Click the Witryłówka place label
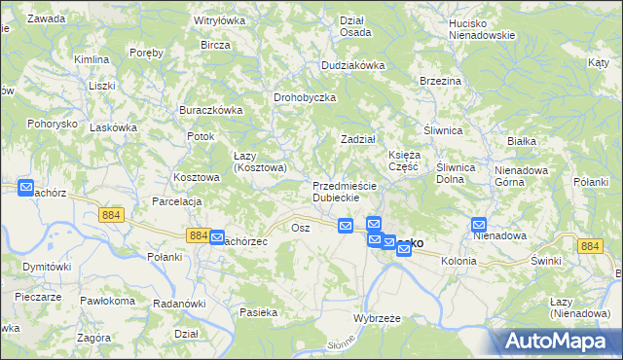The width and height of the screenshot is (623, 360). coord(220,19)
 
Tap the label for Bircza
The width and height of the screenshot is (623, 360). coord(215,46)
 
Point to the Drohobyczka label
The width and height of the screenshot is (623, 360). coord(305,97)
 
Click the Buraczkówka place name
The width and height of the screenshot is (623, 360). coord(210,110)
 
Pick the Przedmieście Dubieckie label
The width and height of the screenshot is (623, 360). coord(337,191)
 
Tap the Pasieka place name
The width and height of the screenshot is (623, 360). coord(259,312)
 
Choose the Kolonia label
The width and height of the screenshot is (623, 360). coord(458,261)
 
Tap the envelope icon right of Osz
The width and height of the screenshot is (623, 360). coord(345,226)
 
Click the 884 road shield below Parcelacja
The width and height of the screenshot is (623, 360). coord(111,214)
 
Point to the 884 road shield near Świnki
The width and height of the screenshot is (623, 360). coord(589,247)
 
